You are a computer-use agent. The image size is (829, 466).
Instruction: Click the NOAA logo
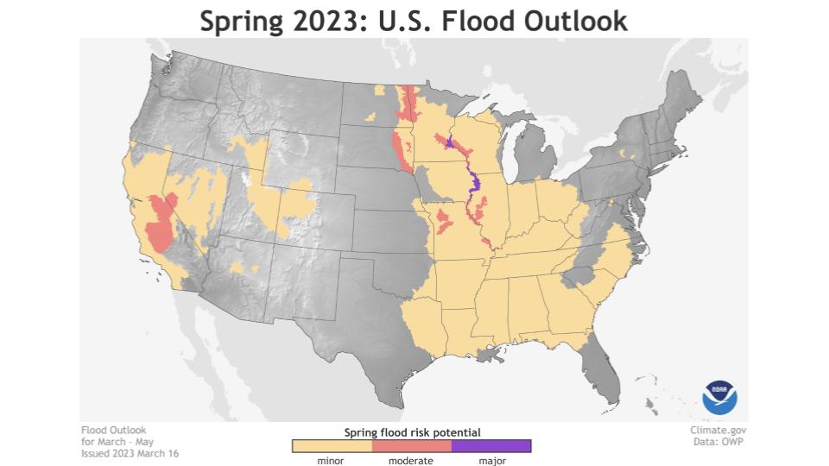click(x=719, y=396)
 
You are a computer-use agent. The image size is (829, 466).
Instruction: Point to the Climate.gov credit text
click(x=718, y=430)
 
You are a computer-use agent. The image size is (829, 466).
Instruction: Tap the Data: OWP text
click(x=724, y=442)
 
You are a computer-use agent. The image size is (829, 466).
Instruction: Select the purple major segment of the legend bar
click(x=490, y=446)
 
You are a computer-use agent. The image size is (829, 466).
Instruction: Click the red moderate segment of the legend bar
click(x=411, y=446)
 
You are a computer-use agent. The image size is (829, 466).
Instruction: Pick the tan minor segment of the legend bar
click(x=332, y=446)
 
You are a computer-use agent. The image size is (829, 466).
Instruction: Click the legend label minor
click(x=332, y=461)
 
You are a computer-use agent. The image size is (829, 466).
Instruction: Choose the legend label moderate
click(x=411, y=461)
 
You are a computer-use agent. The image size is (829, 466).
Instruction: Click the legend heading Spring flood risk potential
click(x=412, y=431)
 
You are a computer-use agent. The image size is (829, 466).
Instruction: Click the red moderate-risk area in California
click(x=160, y=224)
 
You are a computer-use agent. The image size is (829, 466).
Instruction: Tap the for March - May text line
click(x=117, y=442)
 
